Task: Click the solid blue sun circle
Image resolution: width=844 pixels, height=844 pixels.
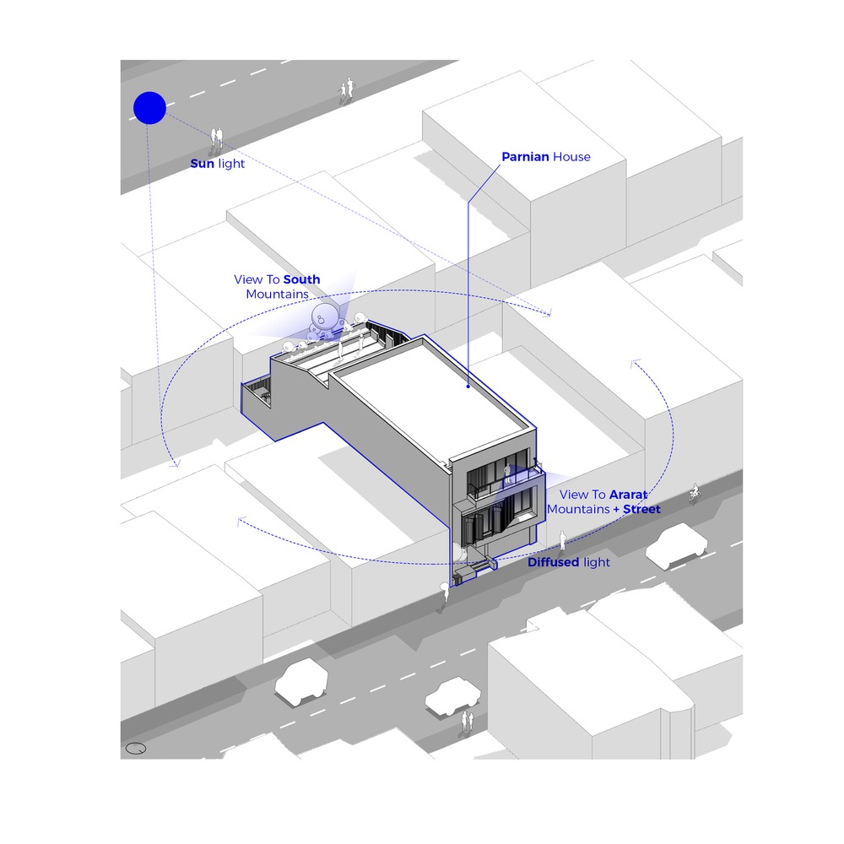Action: click(x=149, y=108)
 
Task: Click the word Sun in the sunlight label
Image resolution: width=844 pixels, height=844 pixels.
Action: click(x=203, y=163)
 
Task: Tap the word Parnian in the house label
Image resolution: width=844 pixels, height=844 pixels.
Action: click(x=525, y=156)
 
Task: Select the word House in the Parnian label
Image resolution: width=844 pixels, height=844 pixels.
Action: click(x=572, y=156)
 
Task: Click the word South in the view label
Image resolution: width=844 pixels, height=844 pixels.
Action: click(x=302, y=279)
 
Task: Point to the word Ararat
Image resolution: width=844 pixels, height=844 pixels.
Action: click(x=628, y=495)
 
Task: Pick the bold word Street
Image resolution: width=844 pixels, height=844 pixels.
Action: click(x=641, y=509)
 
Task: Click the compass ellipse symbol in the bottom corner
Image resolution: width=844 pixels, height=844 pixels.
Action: click(x=136, y=748)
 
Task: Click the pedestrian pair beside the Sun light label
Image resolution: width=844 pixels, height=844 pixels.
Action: click(x=217, y=137)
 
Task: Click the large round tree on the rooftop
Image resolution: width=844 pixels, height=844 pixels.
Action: click(x=326, y=318)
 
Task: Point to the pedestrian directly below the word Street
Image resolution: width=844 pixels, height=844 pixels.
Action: click(x=564, y=538)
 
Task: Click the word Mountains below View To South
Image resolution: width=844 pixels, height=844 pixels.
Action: click(x=278, y=294)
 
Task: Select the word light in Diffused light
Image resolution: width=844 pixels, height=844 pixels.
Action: click(x=596, y=562)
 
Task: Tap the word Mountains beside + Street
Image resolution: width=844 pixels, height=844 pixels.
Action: click(x=578, y=509)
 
